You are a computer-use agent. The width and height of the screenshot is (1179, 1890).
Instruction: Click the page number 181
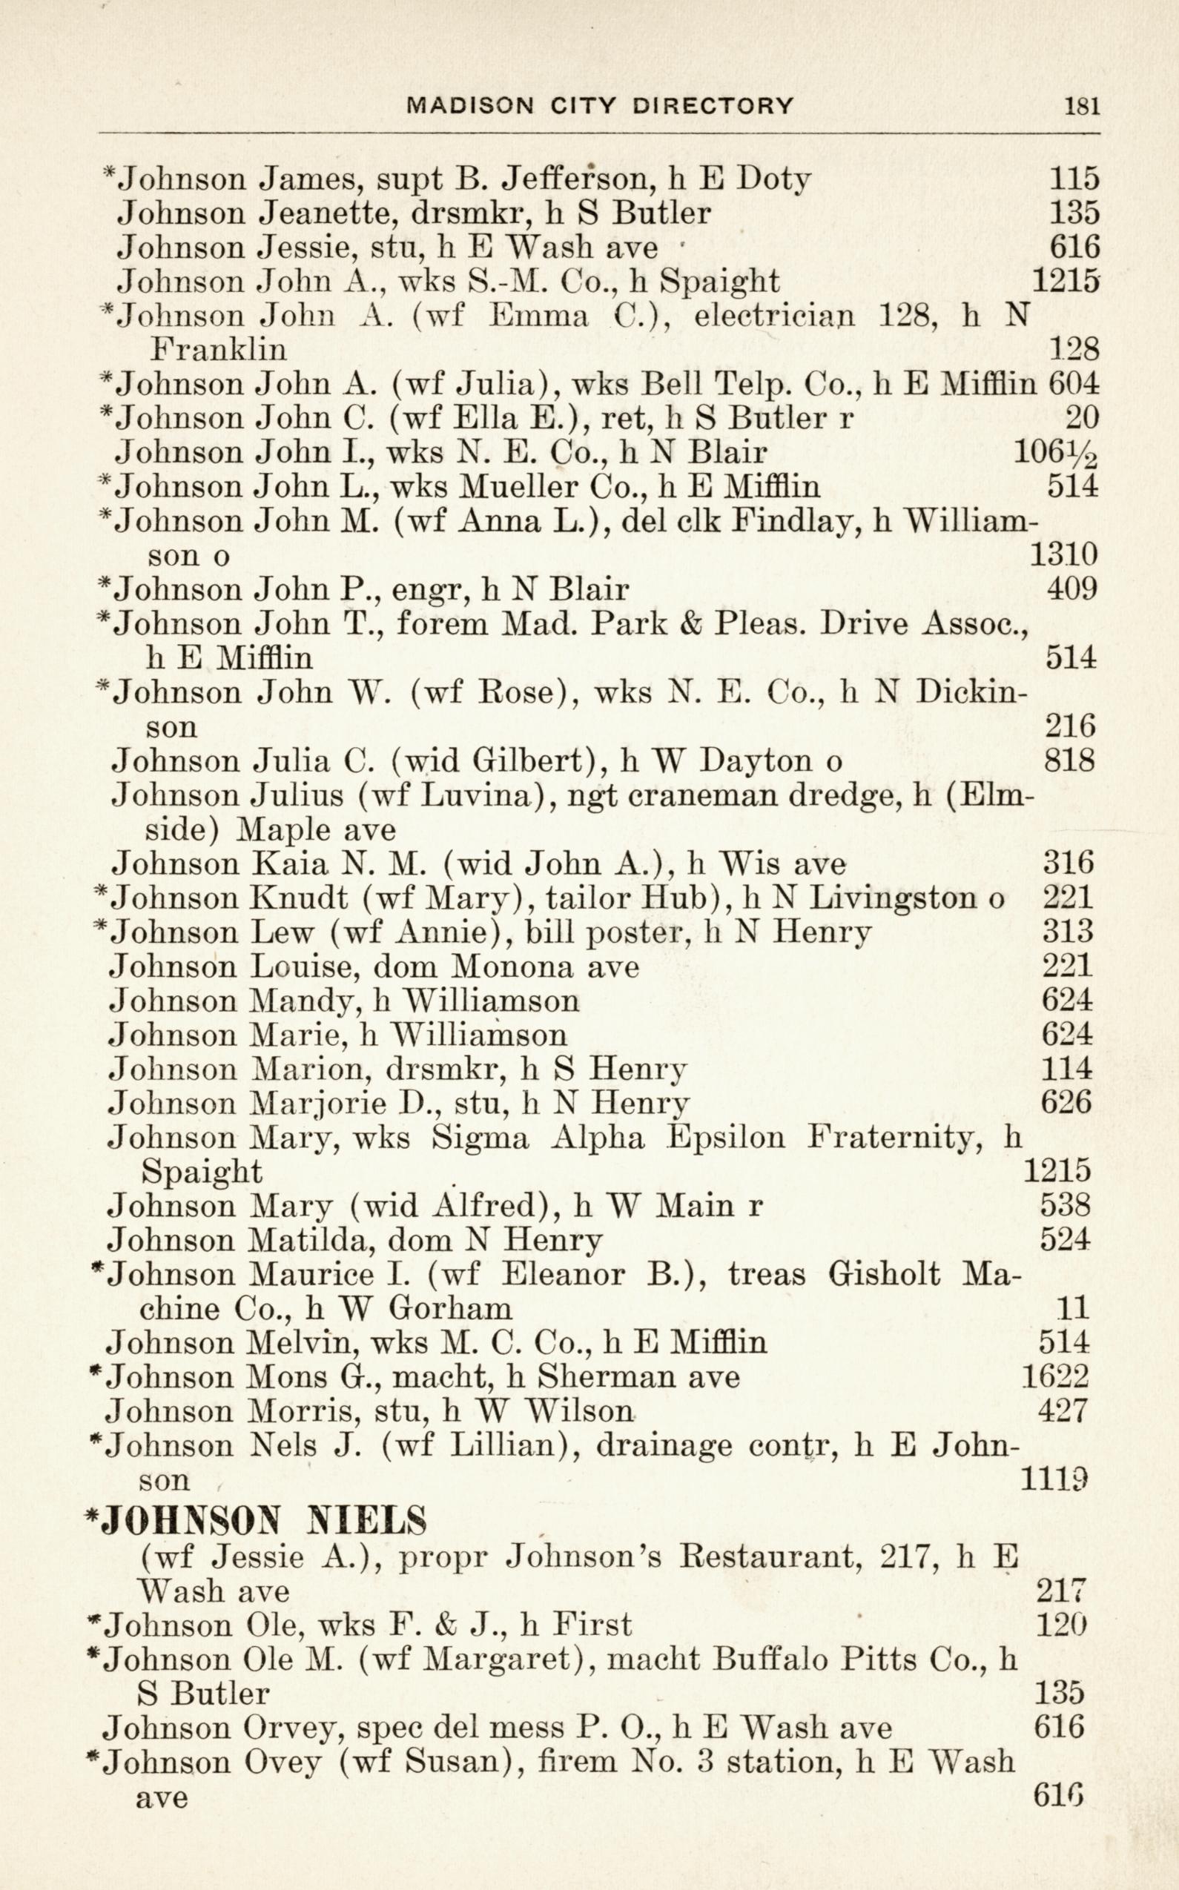pos(1083,106)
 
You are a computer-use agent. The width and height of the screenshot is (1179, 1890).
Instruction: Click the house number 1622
pos(1055,1378)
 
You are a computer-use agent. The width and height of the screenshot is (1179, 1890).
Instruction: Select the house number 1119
pos(1054,1480)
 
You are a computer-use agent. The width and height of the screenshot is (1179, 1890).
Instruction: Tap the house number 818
pos(1069,760)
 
